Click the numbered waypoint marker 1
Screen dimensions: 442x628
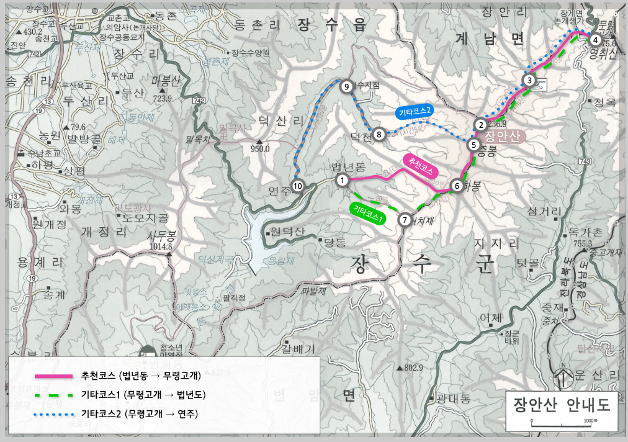342,180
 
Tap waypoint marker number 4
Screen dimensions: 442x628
595,40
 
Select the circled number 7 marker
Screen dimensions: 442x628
405,219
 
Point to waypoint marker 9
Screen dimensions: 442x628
347,86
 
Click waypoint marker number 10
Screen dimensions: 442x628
298,186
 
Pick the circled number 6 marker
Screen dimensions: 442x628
457,185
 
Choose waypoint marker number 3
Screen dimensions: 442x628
529,79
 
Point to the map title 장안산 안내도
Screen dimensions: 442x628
562,404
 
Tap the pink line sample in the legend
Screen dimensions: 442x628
53,376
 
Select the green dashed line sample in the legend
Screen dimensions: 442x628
53,395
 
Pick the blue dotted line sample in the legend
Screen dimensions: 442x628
53,413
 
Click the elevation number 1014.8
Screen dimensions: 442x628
160,246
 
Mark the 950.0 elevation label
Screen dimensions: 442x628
259,149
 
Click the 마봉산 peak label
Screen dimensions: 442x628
165,81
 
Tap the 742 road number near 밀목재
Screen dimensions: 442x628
199,101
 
